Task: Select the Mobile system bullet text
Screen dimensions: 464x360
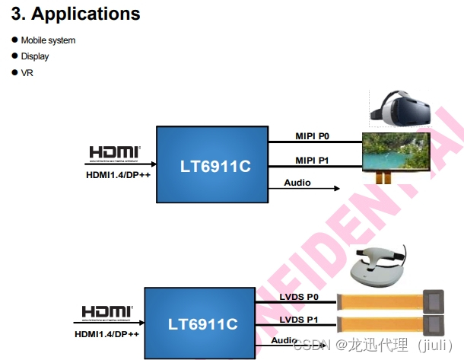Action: (48, 40)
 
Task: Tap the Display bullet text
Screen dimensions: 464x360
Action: (35, 56)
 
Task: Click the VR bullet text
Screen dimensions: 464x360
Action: (27, 73)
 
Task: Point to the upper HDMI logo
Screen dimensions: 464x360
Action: (115, 153)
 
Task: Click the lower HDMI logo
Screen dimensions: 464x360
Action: (107, 312)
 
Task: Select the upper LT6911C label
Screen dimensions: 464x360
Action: (215, 166)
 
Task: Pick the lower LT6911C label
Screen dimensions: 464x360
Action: (202, 324)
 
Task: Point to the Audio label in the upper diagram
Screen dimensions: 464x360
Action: (297, 183)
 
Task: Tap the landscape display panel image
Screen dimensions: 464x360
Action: (395, 151)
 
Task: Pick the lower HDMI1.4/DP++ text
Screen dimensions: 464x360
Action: (107, 333)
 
